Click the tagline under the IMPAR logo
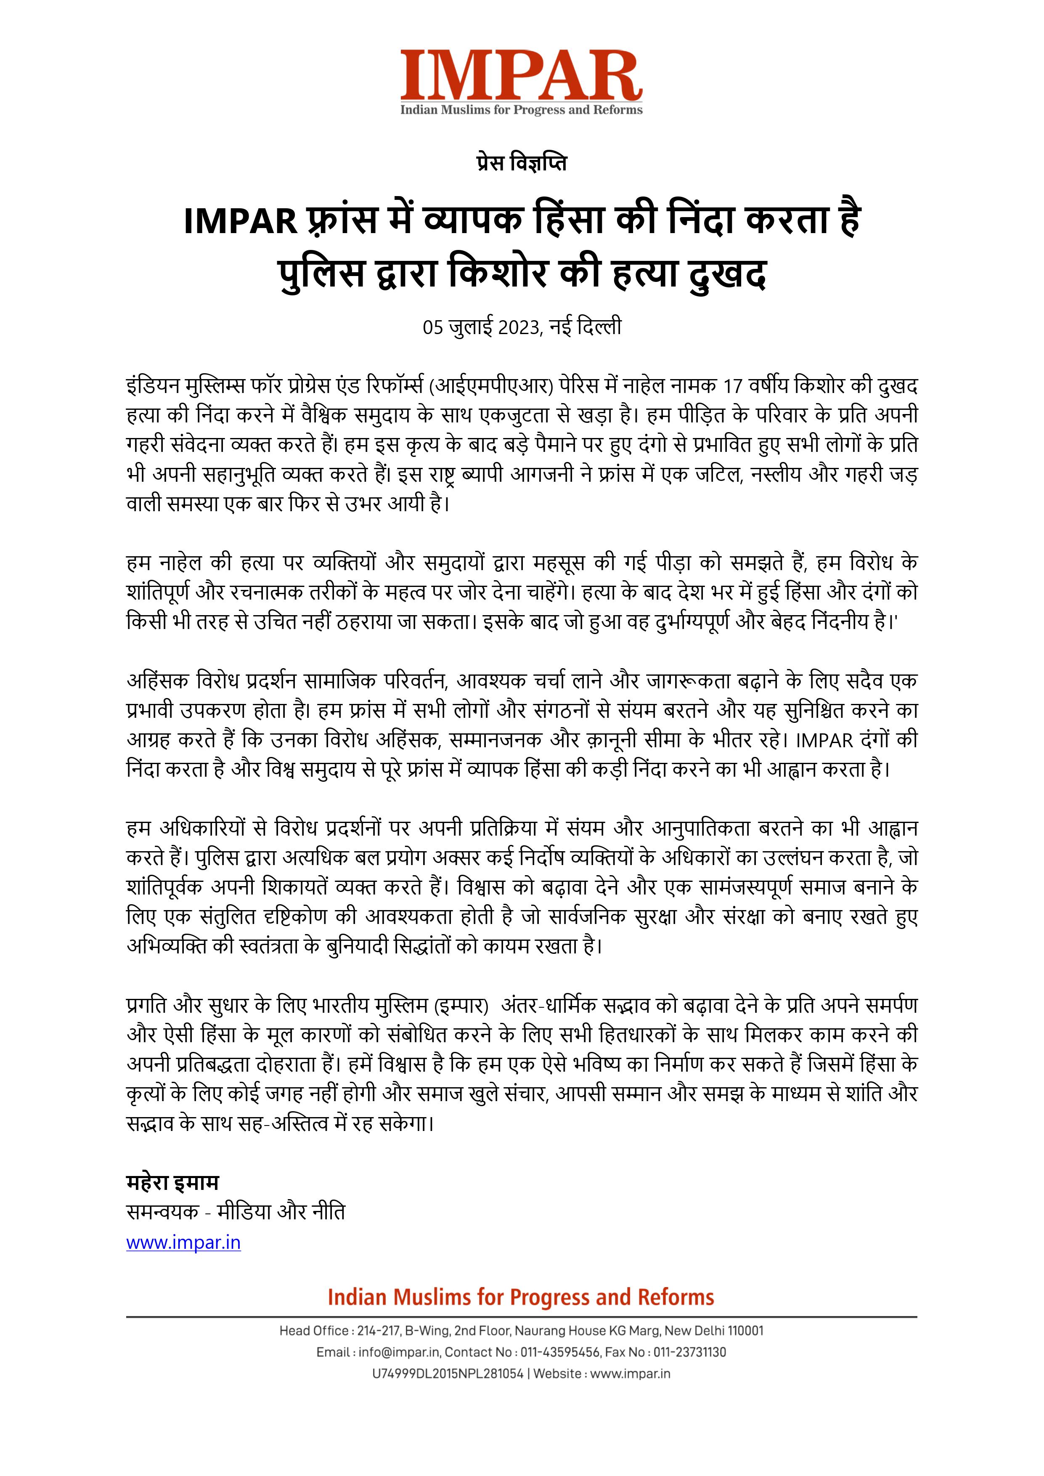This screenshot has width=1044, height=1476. click(521, 110)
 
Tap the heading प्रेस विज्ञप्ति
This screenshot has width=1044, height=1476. click(521, 163)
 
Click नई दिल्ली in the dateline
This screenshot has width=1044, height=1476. click(586, 327)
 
